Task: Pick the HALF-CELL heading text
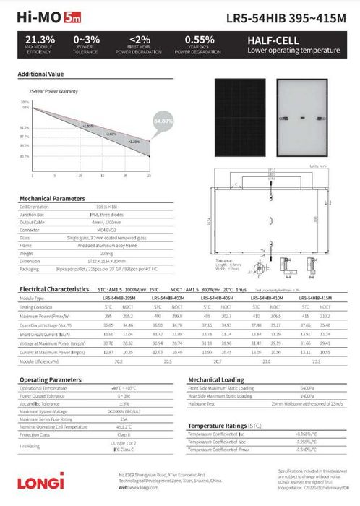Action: point(270,40)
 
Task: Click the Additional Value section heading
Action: point(40,74)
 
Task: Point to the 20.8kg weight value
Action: point(106,254)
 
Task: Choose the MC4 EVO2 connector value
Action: point(106,230)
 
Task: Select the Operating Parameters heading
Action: point(50,379)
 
